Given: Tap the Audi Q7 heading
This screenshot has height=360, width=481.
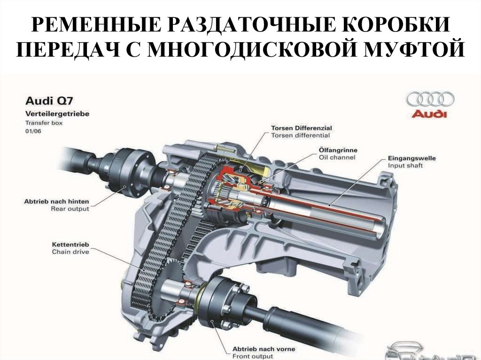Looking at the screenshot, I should point(48,100).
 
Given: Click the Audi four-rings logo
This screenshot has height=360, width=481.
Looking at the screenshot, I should point(430,100).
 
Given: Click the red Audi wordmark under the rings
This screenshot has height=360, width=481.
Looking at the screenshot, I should point(430,114).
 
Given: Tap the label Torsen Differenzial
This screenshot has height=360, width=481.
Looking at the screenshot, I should point(301,128).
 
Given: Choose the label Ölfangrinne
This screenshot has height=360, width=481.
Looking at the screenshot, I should point(335,150).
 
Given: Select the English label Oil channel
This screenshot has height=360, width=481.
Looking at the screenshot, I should point(337,158).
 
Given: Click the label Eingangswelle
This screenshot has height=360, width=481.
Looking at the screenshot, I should point(412,158).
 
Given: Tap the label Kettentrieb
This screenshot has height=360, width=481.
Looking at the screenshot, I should point(70,245).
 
